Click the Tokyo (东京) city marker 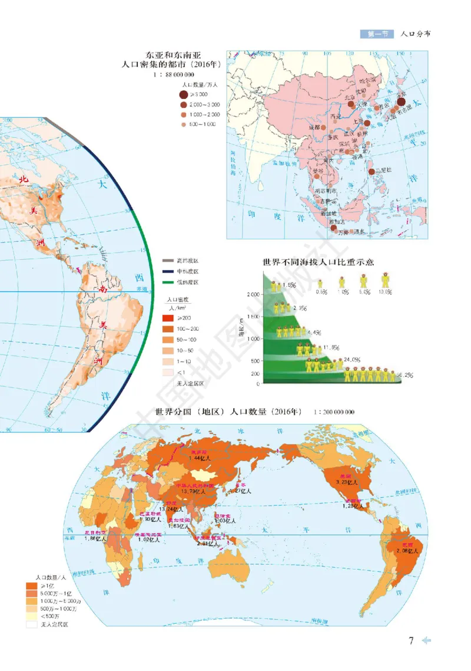point(402,101)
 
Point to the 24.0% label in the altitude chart point(351,359)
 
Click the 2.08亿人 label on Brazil point(407,550)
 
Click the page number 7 point(412,640)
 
